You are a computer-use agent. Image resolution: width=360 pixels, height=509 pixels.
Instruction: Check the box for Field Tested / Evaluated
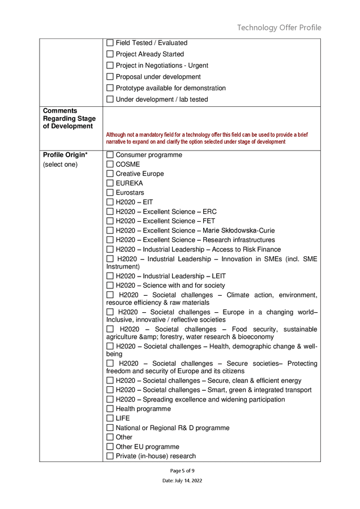[110, 43]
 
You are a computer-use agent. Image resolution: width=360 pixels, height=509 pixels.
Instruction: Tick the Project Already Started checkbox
[110, 54]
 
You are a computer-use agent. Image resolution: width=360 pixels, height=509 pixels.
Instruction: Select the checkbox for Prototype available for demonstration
[110, 88]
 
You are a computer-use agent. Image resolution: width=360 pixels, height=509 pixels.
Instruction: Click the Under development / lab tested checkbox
[110, 100]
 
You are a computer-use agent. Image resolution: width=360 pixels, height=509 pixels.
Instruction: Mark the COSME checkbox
[110, 165]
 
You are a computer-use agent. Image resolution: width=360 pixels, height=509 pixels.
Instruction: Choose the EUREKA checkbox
[110, 183]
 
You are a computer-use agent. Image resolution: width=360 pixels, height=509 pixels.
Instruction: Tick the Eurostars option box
[110, 193]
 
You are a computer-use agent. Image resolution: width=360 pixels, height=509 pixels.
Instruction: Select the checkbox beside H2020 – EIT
[110, 202]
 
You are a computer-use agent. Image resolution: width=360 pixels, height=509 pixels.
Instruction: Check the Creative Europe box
[110, 174]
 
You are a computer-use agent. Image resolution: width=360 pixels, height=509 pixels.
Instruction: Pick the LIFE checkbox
[110, 419]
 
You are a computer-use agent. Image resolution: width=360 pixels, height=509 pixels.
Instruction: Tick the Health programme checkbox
[110, 409]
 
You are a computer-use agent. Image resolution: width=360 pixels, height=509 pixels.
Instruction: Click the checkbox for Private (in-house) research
[110, 456]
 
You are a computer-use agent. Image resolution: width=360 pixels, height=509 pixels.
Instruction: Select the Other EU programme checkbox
[110, 447]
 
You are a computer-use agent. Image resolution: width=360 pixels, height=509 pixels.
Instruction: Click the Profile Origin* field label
[65, 155]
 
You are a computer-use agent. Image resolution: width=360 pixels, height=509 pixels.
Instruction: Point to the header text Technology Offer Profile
[279, 28]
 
